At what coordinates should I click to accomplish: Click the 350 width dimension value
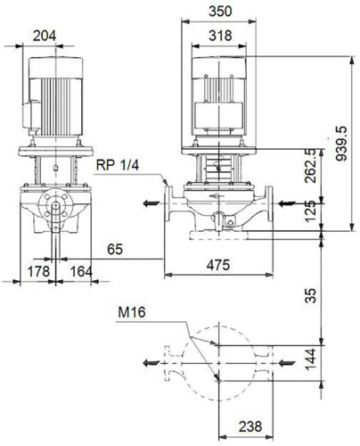pyautogui.click(x=220, y=12)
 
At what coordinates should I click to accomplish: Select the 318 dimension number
pyautogui.click(x=220, y=36)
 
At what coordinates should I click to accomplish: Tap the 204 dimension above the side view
pyautogui.click(x=45, y=36)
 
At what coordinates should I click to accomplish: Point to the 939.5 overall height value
pyautogui.click(x=341, y=144)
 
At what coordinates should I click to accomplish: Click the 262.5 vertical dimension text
pyautogui.click(x=311, y=166)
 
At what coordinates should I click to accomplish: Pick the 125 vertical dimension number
pyautogui.click(x=311, y=211)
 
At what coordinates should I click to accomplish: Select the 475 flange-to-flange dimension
pyautogui.click(x=218, y=265)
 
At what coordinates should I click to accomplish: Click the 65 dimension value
pyautogui.click(x=115, y=249)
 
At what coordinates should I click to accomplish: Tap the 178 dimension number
pyautogui.click(x=38, y=272)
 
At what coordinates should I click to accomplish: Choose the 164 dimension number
pyautogui.click(x=81, y=272)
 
